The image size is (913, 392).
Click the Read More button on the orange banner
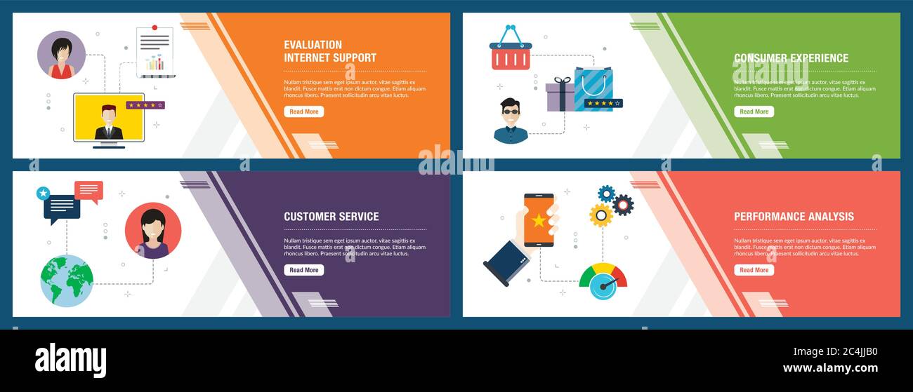coord(303,111)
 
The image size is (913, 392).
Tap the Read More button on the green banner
coord(754,111)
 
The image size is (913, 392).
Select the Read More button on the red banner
coord(754,270)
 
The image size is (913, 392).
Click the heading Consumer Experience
coord(791,58)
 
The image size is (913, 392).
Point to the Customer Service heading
coord(331,217)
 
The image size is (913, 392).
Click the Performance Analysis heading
coord(794,217)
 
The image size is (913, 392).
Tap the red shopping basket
coord(511,53)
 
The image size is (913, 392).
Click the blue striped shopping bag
coord(593,88)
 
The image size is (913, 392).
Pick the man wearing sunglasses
coord(511,121)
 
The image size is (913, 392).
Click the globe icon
coord(67,281)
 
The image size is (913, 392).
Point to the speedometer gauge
coord(603,281)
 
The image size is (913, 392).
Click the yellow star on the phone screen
coord(539,220)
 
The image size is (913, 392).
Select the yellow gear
coord(600,215)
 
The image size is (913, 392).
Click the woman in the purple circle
coord(61,55)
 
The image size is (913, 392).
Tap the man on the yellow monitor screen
coord(109,122)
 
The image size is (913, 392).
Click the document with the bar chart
coord(155,53)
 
